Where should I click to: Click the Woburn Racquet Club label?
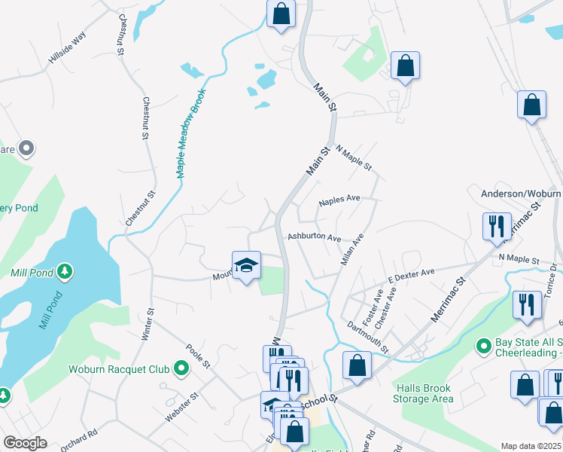(x=119, y=369)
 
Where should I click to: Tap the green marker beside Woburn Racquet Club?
(x=181, y=368)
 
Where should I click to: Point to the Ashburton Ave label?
(x=315, y=237)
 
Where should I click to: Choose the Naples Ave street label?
(x=339, y=200)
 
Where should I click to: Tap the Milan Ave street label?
(x=353, y=247)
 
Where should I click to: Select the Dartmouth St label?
(x=368, y=336)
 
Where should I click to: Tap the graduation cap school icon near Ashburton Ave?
(x=246, y=265)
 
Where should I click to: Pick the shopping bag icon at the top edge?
(x=281, y=14)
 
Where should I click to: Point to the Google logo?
(x=25, y=443)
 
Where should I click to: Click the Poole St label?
(x=197, y=356)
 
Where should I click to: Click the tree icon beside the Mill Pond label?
(x=65, y=271)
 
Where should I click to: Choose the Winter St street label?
(x=148, y=323)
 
